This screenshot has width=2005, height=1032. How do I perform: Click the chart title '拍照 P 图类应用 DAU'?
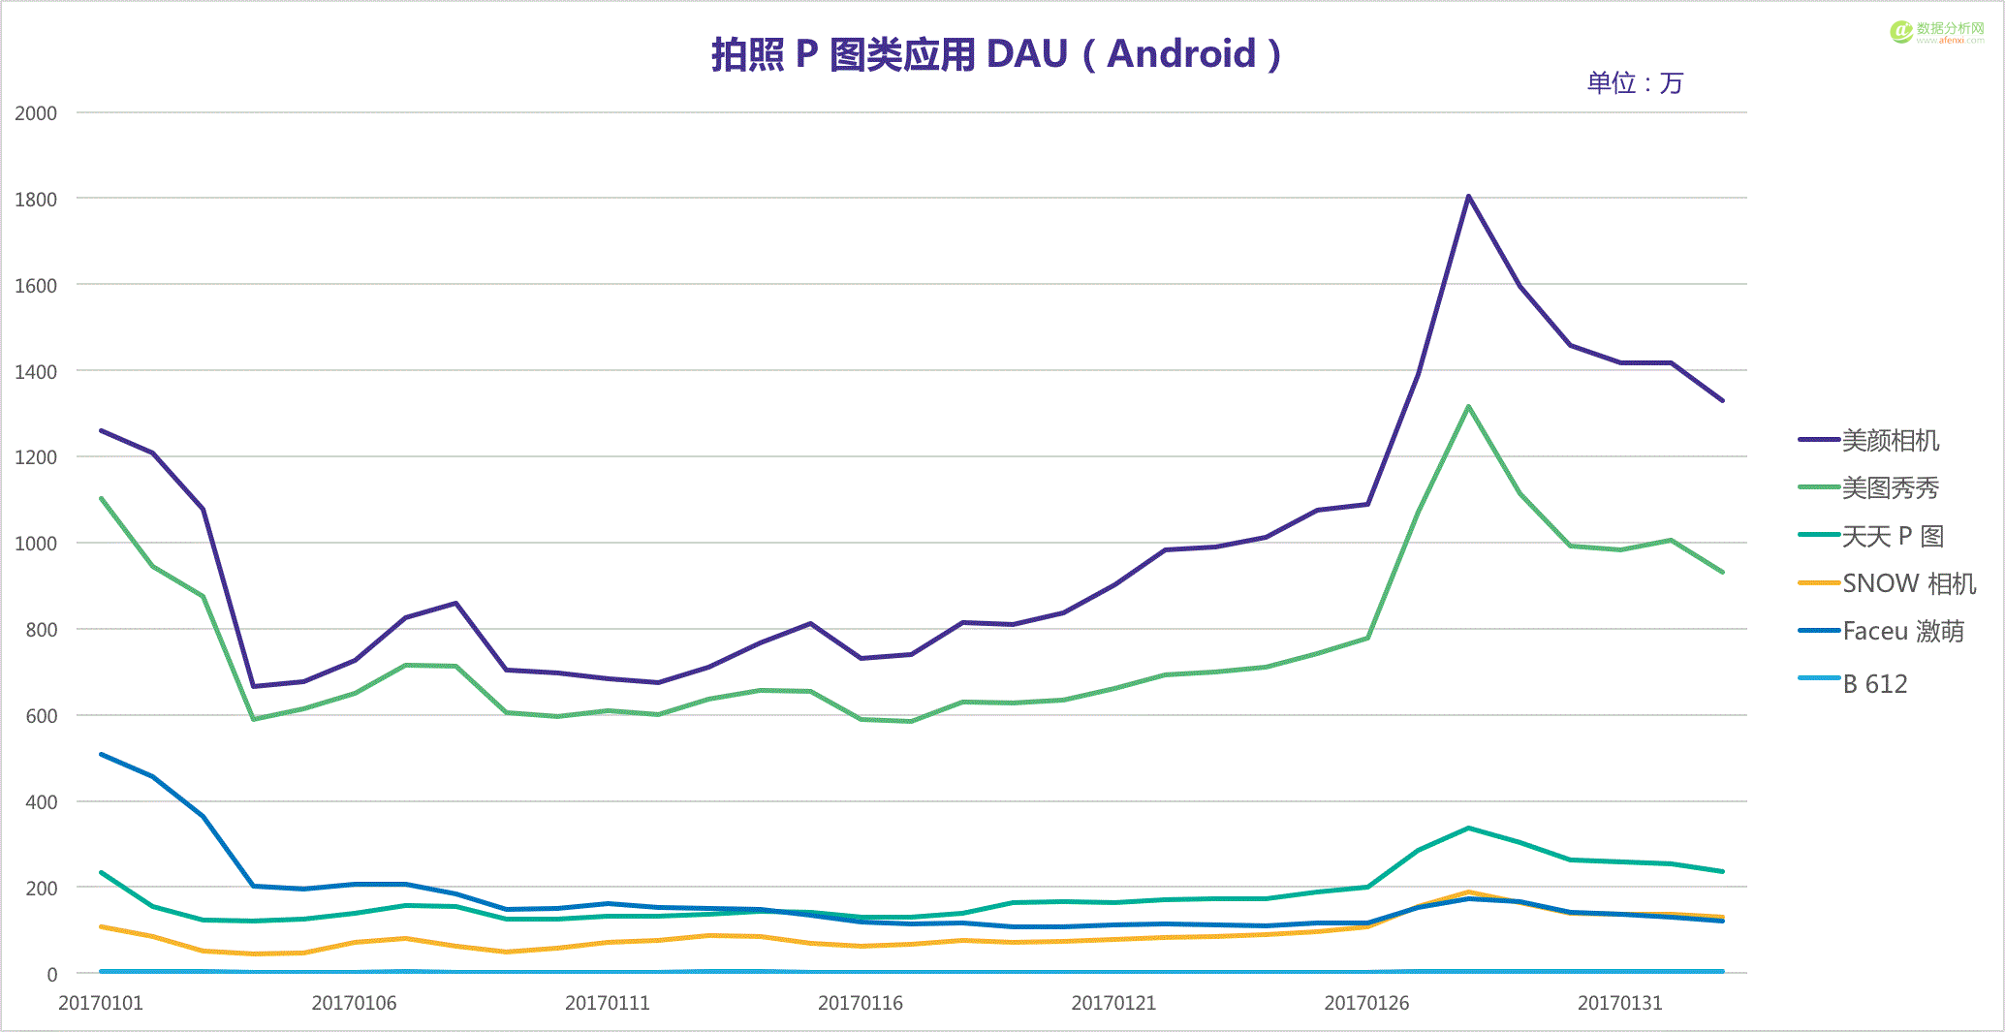(995, 54)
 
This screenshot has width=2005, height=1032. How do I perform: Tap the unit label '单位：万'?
(1635, 83)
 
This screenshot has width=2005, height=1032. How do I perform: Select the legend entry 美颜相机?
(1890, 441)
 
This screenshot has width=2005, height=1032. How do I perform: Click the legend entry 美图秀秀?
(1890, 488)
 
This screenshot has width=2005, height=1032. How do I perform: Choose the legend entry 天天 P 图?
(1892, 536)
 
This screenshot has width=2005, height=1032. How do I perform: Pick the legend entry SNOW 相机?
(1908, 583)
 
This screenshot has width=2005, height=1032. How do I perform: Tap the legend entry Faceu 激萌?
(1902, 632)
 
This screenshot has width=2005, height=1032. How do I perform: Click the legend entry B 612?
(1874, 684)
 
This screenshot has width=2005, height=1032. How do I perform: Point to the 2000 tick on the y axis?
(36, 113)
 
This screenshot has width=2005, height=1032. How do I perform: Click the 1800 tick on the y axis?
(36, 200)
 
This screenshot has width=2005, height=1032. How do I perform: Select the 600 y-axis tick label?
(41, 716)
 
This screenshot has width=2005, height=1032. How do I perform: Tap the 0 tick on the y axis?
(52, 975)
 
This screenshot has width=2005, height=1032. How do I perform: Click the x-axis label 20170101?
(101, 1003)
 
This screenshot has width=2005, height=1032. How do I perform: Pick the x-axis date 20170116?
(861, 1003)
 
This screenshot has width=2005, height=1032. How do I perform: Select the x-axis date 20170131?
(1619, 1003)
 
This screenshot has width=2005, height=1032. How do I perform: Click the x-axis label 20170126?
(1366, 1003)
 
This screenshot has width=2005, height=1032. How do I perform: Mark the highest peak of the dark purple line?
(1468, 197)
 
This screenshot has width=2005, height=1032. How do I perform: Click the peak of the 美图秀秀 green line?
(1468, 407)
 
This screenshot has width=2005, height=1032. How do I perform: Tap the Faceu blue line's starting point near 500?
(102, 754)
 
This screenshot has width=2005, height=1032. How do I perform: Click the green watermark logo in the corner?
(1900, 32)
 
